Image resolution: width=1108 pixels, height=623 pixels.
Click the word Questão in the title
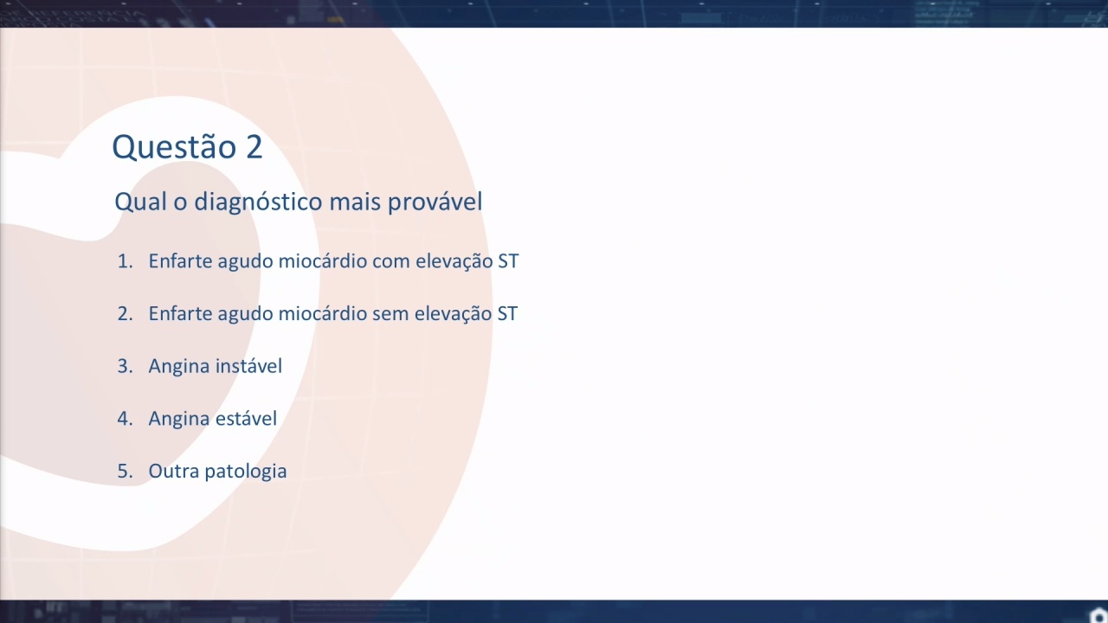click(174, 147)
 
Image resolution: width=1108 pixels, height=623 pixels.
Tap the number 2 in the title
click(254, 146)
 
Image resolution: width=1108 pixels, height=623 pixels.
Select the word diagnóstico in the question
click(258, 202)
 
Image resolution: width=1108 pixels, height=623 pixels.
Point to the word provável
click(435, 202)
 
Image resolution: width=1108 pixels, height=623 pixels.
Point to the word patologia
click(245, 472)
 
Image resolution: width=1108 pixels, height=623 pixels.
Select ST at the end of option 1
click(508, 261)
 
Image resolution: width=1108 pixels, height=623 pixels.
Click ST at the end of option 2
click(507, 313)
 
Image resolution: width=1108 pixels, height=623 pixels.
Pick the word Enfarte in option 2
click(180, 313)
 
